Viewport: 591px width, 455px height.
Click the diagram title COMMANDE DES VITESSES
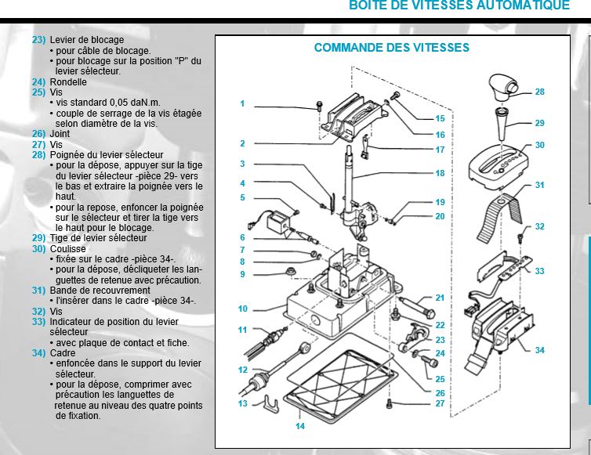tap(391, 48)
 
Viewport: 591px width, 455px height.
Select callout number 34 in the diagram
tap(539, 350)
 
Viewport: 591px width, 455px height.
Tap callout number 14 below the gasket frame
tap(300, 426)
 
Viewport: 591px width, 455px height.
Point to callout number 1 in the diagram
tap(243, 103)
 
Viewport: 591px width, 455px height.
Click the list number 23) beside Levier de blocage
tap(38, 39)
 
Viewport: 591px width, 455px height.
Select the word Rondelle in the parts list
tap(68, 81)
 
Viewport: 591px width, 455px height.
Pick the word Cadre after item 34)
tap(63, 352)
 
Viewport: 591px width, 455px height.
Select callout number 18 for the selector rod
tap(440, 173)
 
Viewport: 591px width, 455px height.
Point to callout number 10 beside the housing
tap(243, 309)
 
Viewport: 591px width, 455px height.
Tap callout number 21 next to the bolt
tap(440, 298)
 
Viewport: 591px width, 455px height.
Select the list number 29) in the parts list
tap(38, 237)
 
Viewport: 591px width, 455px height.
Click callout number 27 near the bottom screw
tap(440, 403)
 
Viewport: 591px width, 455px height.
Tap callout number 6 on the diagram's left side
tap(243, 237)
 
